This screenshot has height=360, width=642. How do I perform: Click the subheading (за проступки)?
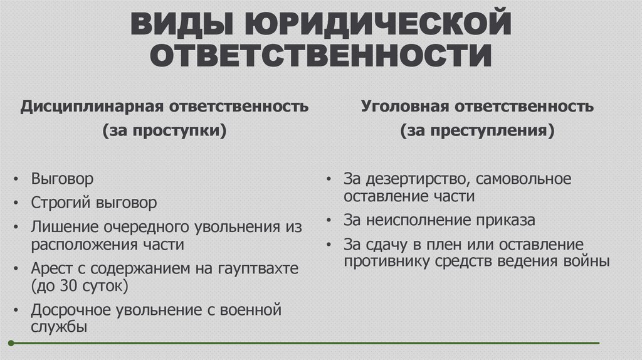point(164,132)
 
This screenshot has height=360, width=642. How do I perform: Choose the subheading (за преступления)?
point(477,132)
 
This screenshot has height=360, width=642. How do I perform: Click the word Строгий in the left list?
point(61,203)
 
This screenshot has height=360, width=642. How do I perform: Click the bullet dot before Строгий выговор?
point(16,204)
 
